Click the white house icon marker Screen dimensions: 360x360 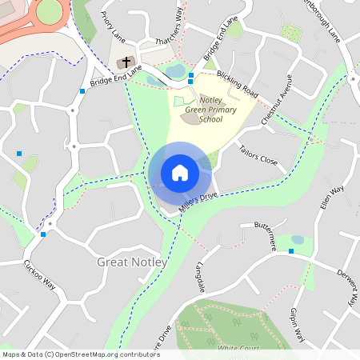[x=180, y=173]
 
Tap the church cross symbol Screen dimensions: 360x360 [x=126, y=62]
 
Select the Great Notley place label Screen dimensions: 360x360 [x=132, y=262]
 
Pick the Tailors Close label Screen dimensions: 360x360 [x=258, y=154]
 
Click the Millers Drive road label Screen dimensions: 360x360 [x=198, y=202]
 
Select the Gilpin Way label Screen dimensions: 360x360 [x=298, y=324]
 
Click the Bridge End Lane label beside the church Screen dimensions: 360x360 [x=116, y=78]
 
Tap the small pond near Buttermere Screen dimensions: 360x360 [x=298, y=239]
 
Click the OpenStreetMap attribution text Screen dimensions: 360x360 [x=81, y=354]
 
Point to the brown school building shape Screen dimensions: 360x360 [x=190, y=118]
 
